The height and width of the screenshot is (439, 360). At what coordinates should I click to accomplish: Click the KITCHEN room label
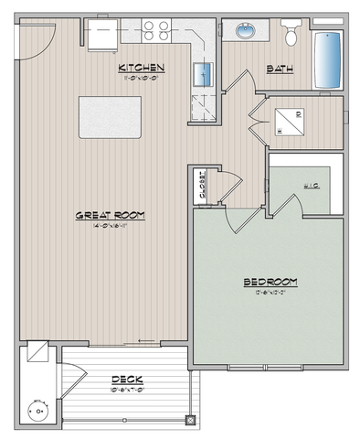click(x=141, y=68)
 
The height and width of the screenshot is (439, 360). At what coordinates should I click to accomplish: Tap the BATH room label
click(x=277, y=69)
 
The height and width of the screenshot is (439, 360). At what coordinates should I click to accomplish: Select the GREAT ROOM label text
click(x=111, y=215)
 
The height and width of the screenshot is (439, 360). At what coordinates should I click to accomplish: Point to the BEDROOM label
click(x=270, y=281)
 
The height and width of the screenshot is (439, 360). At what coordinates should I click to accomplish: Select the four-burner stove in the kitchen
click(x=156, y=29)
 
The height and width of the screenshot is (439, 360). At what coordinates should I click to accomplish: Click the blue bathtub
click(x=327, y=59)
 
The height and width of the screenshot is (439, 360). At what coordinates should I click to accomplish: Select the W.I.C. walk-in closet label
click(x=309, y=187)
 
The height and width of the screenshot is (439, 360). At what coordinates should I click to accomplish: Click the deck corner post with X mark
click(x=189, y=420)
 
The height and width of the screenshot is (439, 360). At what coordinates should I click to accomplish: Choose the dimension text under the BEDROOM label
click(x=270, y=294)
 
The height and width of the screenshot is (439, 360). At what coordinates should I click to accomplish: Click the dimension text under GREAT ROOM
click(x=111, y=227)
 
